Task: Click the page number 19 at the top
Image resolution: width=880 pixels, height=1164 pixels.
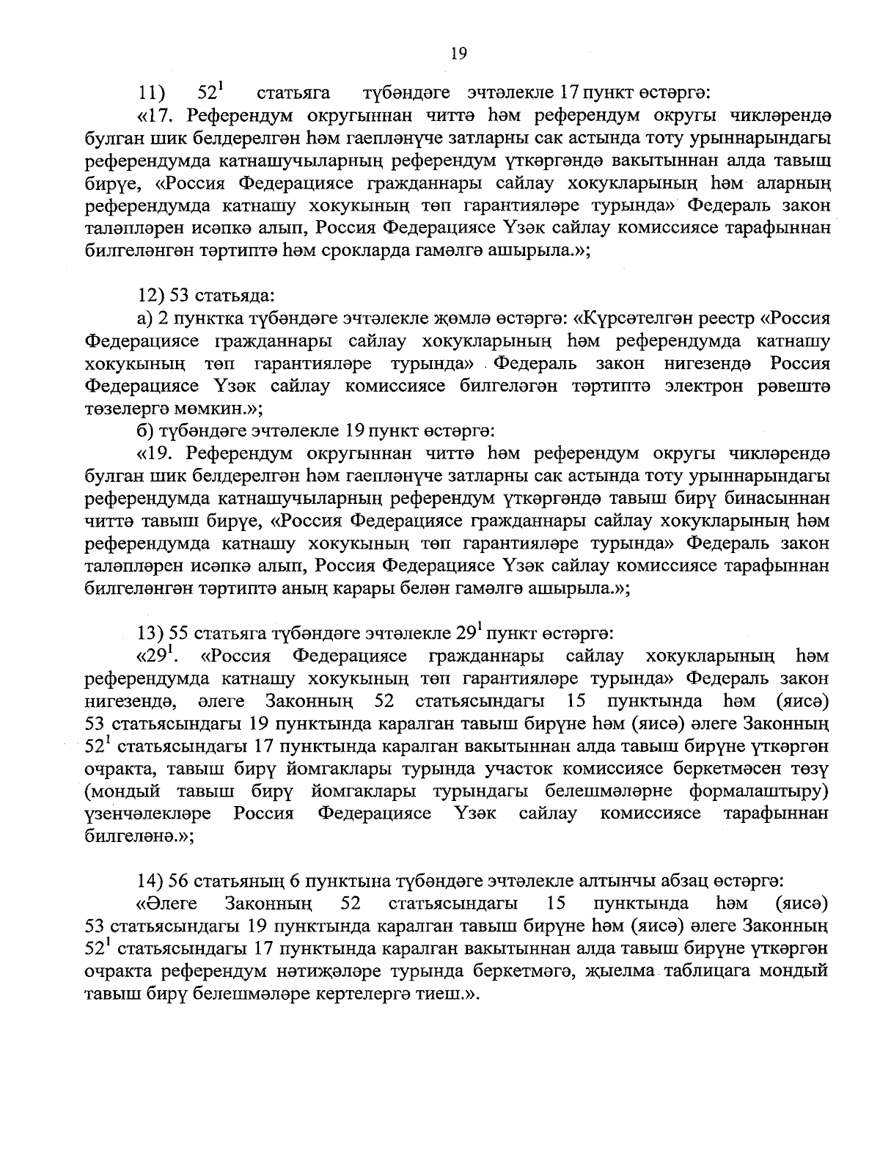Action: click(458, 53)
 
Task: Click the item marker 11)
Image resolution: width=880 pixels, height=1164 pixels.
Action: click(153, 93)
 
